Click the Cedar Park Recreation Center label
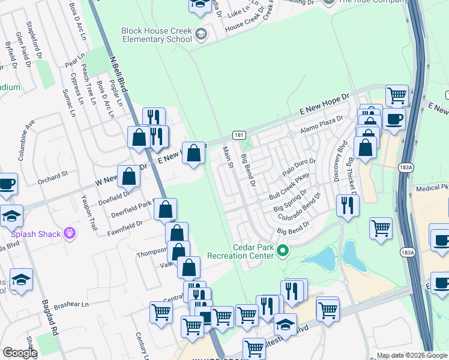click(x=241, y=251)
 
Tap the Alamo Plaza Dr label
click(x=321, y=124)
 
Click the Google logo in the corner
click(x=19, y=353)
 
